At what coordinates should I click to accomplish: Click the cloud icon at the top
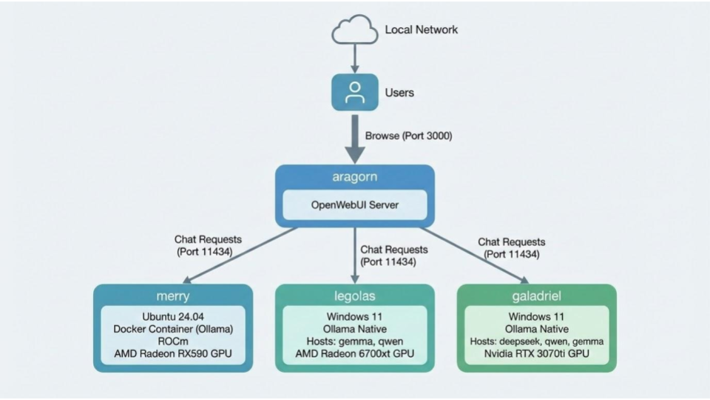point(355,30)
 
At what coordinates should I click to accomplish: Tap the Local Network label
point(421,30)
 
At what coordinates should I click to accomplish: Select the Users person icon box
point(355,93)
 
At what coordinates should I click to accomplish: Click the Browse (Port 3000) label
point(408,136)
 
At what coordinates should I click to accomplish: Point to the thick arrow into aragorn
point(355,141)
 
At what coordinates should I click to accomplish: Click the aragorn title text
point(355,178)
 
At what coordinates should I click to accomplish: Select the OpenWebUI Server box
point(355,204)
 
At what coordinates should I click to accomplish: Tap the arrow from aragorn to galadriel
point(473,256)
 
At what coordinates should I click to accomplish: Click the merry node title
point(173,296)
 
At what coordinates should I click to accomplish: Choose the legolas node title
point(355,296)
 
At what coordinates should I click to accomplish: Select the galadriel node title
point(536,296)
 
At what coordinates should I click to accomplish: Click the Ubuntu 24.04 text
point(173,316)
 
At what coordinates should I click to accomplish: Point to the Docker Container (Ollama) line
point(173,329)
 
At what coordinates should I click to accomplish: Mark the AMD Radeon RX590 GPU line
point(173,354)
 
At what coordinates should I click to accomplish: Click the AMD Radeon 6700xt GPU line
point(355,354)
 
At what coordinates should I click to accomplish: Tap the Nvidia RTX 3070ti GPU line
point(536,354)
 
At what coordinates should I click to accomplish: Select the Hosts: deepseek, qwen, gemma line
point(536,341)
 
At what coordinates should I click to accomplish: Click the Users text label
point(399,93)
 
